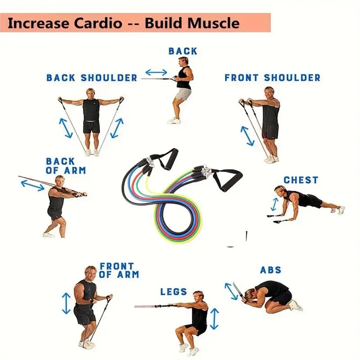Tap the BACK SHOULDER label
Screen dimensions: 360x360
[92, 78]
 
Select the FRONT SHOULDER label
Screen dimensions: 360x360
[272, 78]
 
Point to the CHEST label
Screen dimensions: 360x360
[301, 180]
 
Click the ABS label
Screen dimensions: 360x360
[270, 270]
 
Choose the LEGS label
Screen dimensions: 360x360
[174, 292]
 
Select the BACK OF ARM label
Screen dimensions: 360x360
[66, 166]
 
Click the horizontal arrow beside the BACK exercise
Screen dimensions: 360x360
[156, 72]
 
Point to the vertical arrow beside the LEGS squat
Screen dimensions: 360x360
[215, 319]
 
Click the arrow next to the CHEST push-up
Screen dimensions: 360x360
[274, 204]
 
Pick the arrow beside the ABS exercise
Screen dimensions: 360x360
[231, 291]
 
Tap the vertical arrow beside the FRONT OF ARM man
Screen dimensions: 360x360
[67, 303]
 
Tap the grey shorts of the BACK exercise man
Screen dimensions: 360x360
[183, 94]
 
